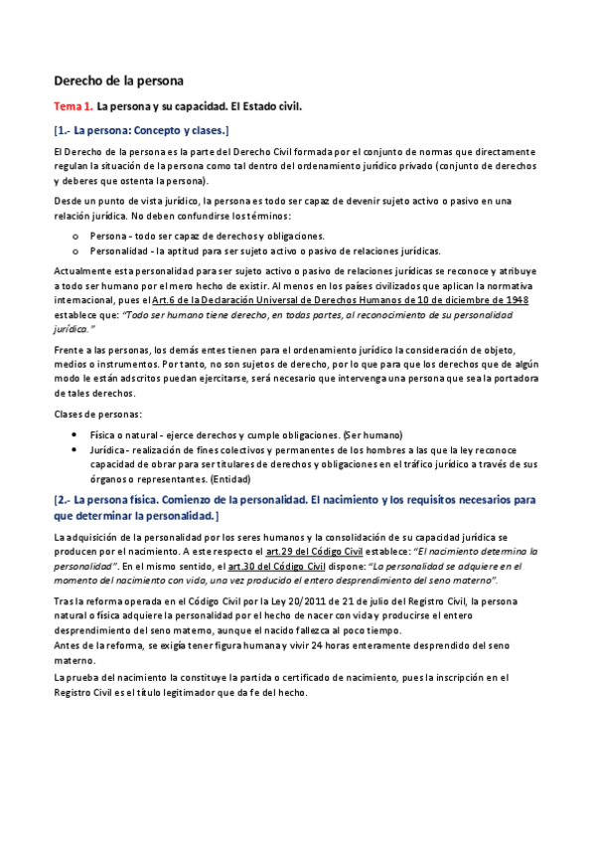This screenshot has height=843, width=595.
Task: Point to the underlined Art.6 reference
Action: click(x=164, y=299)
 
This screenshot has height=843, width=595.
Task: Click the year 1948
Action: click(x=516, y=299)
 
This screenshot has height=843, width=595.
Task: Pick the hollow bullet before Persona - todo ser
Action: click(x=77, y=236)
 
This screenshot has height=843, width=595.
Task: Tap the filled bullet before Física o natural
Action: click(x=77, y=435)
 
